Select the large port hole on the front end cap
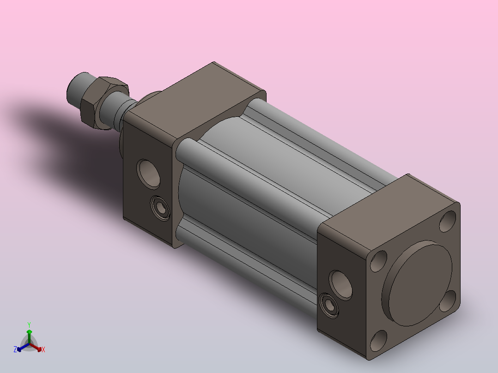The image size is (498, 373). click(x=148, y=174)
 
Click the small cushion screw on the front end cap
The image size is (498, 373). click(x=161, y=208)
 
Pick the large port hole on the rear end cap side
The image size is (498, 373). click(x=341, y=285)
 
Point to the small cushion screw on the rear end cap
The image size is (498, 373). click(x=329, y=306)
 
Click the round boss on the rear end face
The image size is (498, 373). click(x=417, y=283)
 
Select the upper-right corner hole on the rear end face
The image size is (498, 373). click(x=448, y=221)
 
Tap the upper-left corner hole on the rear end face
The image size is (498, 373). click(x=379, y=261)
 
